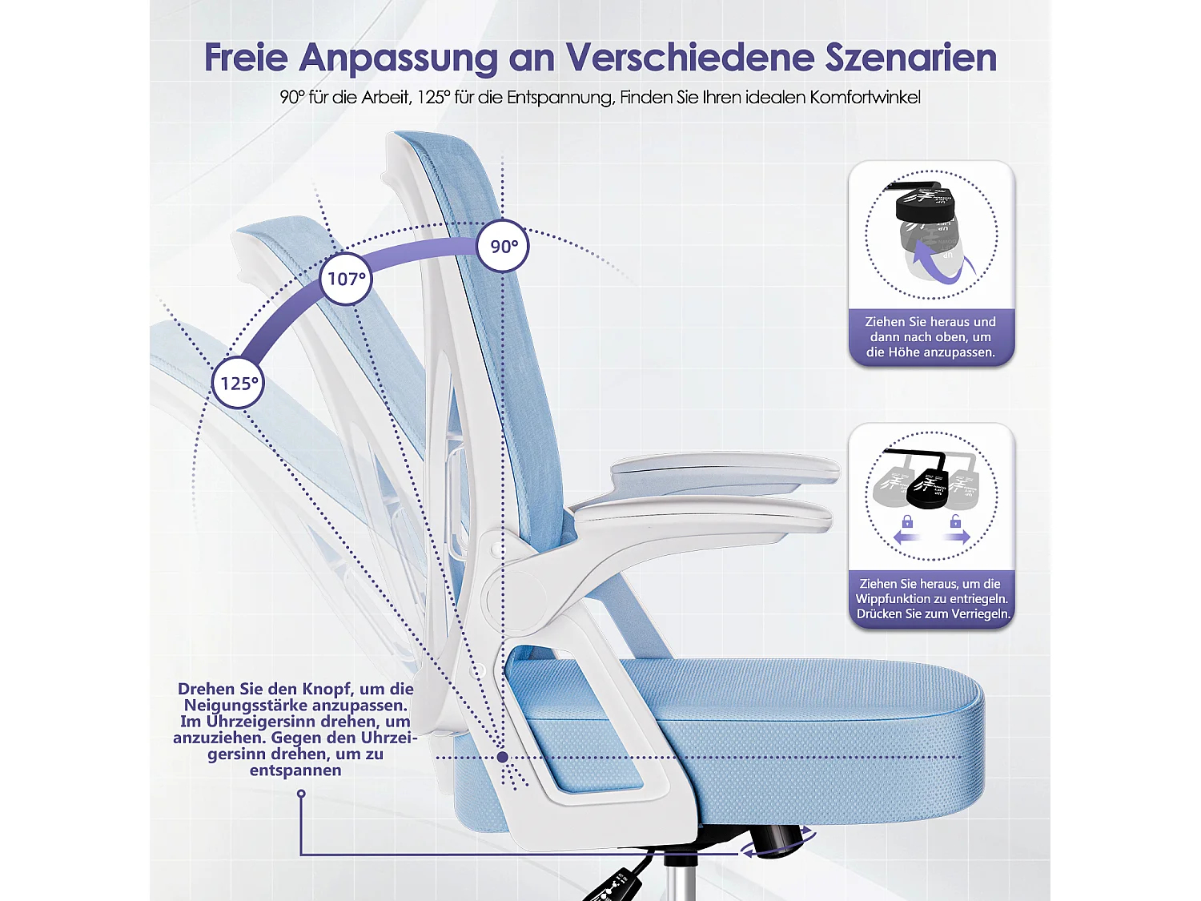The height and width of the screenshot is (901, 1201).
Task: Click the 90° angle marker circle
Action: (503, 246)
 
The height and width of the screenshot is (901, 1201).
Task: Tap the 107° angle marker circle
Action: (346, 279)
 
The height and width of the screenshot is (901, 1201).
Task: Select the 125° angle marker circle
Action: (239, 383)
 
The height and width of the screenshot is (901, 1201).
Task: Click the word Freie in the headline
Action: (245, 58)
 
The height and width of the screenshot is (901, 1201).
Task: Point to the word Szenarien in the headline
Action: (910, 58)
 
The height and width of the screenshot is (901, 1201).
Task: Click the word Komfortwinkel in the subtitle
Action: (865, 98)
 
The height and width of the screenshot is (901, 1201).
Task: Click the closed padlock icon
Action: (907, 522)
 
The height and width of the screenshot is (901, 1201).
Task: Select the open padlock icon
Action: (955, 522)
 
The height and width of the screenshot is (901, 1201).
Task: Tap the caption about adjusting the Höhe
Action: (930, 337)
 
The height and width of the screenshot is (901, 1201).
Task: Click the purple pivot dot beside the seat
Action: (502, 757)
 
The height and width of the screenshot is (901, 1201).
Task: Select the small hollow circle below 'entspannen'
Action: (301, 794)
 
